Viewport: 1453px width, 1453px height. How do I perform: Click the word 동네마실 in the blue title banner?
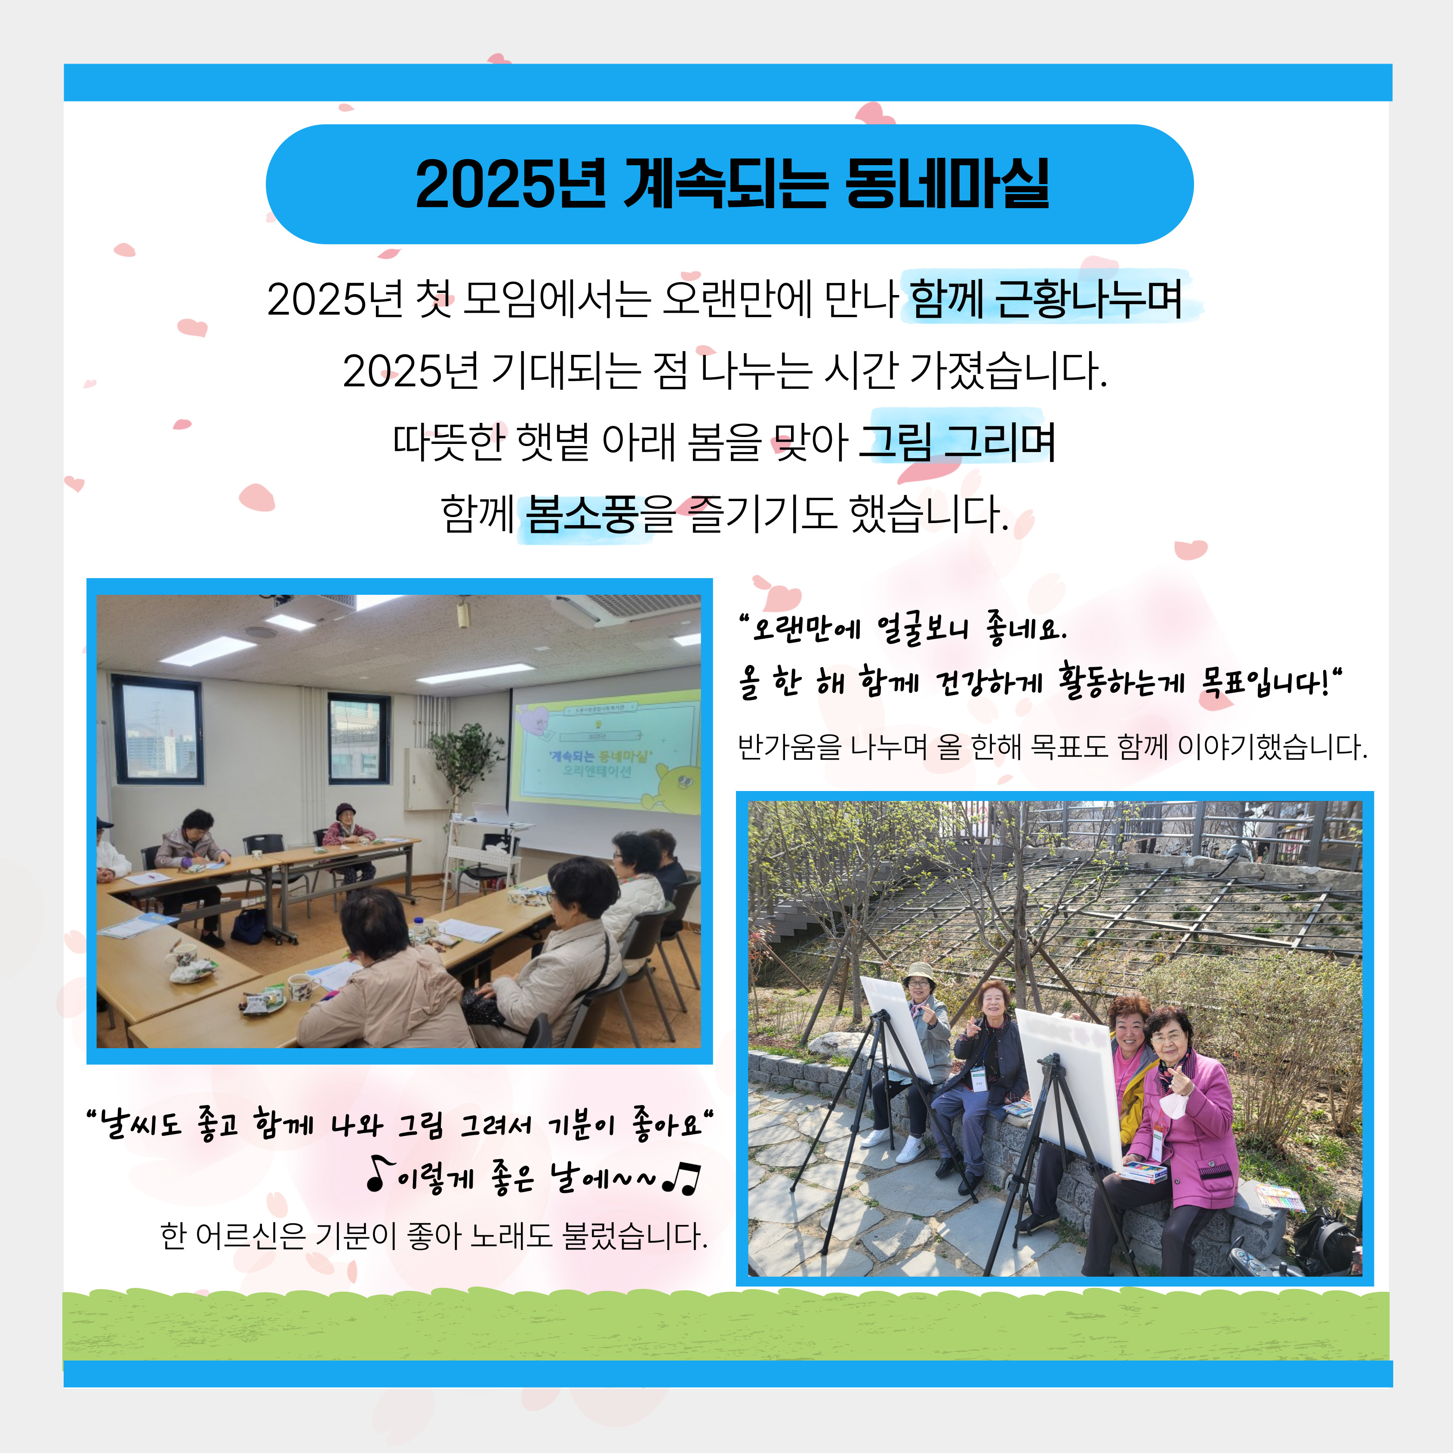click(946, 184)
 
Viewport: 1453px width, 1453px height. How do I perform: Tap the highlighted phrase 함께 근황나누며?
click(1045, 299)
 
